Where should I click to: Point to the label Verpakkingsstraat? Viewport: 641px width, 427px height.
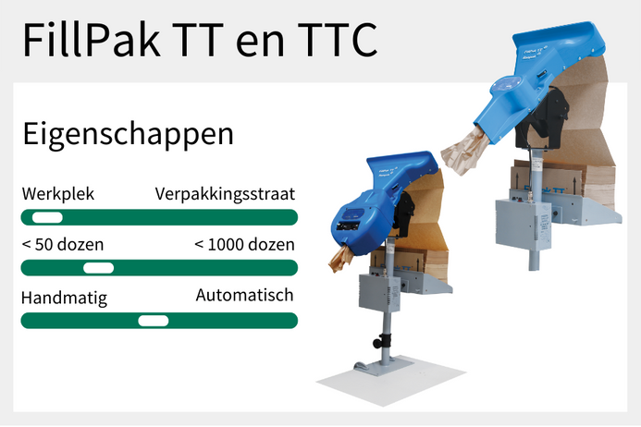pyautogui.click(x=225, y=194)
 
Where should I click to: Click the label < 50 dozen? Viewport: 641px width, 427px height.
pyautogui.click(x=62, y=245)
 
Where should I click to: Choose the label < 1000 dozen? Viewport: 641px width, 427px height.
pyautogui.click(x=244, y=245)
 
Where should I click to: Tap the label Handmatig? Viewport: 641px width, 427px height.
pyautogui.click(x=64, y=298)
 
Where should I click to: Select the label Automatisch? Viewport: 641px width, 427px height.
pyautogui.click(x=244, y=296)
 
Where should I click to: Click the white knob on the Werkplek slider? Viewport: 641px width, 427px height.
pyautogui.click(x=46, y=217)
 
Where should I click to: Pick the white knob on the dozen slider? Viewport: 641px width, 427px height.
pyautogui.click(x=98, y=268)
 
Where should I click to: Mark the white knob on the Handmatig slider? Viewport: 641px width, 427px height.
pyautogui.click(x=154, y=321)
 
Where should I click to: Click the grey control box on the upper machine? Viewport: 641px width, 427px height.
pyautogui.click(x=524, y=223)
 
